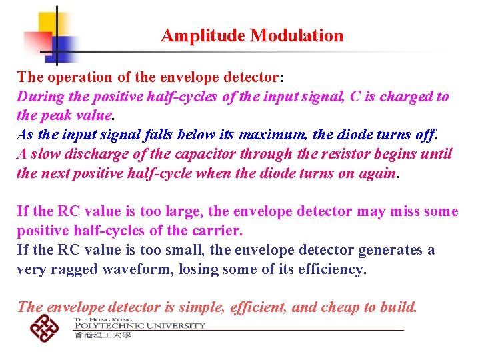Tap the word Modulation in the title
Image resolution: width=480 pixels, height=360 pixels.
[297, 36]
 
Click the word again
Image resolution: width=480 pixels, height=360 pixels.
[378, 173]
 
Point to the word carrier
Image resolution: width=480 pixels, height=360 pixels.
[218, 231]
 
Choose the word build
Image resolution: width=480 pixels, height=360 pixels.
[398, 308]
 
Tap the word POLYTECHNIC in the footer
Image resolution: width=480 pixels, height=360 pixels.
[104, 326]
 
